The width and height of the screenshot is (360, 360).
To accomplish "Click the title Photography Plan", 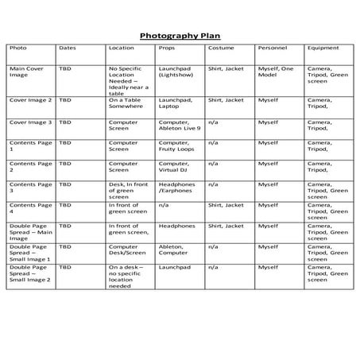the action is point(180,36).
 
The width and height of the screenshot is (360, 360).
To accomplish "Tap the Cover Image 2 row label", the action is point(30,101).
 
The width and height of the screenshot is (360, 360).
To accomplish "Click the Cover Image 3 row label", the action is point(30,122).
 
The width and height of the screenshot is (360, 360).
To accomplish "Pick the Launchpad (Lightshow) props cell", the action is point(177,72).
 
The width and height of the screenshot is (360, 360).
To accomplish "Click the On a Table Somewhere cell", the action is point(126,104).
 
